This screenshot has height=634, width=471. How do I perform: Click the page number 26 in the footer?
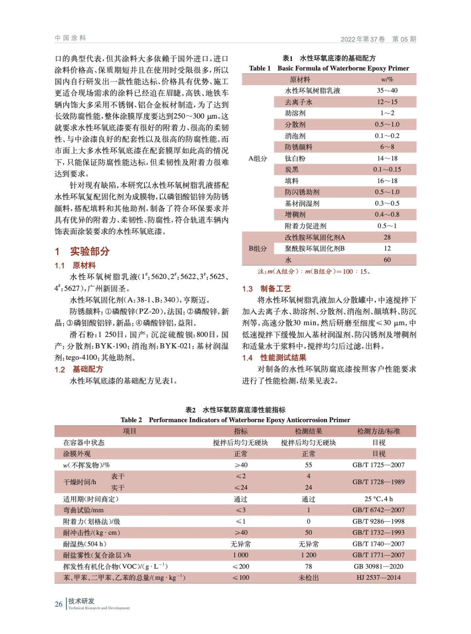coord(58,604)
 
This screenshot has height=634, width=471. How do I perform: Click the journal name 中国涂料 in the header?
coord(70,38)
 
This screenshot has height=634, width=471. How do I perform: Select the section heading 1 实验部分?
coord(82,251)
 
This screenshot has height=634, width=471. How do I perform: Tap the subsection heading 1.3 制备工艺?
coord(266,288)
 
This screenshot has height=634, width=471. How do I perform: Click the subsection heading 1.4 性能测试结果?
coord(274,358)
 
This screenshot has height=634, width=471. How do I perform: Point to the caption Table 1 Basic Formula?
coord(329,68)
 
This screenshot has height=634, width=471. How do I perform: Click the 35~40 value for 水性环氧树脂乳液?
coord(387,90)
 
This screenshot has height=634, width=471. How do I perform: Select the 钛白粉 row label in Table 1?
coord(295,158)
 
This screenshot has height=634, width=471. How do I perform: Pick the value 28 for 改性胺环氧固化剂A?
coord(387,237)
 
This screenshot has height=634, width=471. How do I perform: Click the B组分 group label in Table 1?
coord(258,248)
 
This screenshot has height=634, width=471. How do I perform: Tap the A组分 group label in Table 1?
coord(258,158)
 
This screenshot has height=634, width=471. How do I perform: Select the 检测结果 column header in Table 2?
coord(308,431)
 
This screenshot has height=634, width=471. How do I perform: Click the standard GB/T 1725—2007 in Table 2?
coord(378,465)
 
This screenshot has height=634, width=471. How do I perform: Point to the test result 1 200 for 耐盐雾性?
coord(308,555)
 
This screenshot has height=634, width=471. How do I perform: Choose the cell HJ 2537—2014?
coord(378,577)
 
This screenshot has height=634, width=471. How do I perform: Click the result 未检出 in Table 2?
coord(308,578)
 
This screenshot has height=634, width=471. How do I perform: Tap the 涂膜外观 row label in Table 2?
coord(77,454)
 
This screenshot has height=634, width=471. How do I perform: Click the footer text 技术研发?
coord(81,601)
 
